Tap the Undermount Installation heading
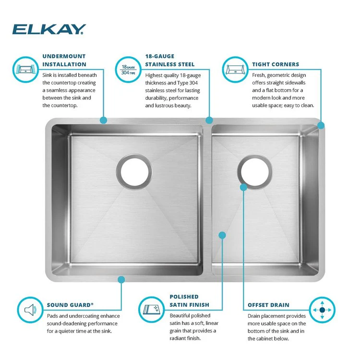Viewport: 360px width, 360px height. (x=64, y=60)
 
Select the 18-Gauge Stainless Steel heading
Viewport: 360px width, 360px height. (x=170, y=60)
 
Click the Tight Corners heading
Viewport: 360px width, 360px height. (x=275, y=64)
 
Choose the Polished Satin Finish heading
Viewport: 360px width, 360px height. (x=189, y=300)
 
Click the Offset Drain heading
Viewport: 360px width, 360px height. (x=268, y=305)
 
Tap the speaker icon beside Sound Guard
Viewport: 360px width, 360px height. (x=30, y=309)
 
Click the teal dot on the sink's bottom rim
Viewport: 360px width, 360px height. (x=121, y=279)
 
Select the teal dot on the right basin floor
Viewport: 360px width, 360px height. (x=222, y=235)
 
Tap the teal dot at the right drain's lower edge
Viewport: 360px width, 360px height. (x=243, y=187)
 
